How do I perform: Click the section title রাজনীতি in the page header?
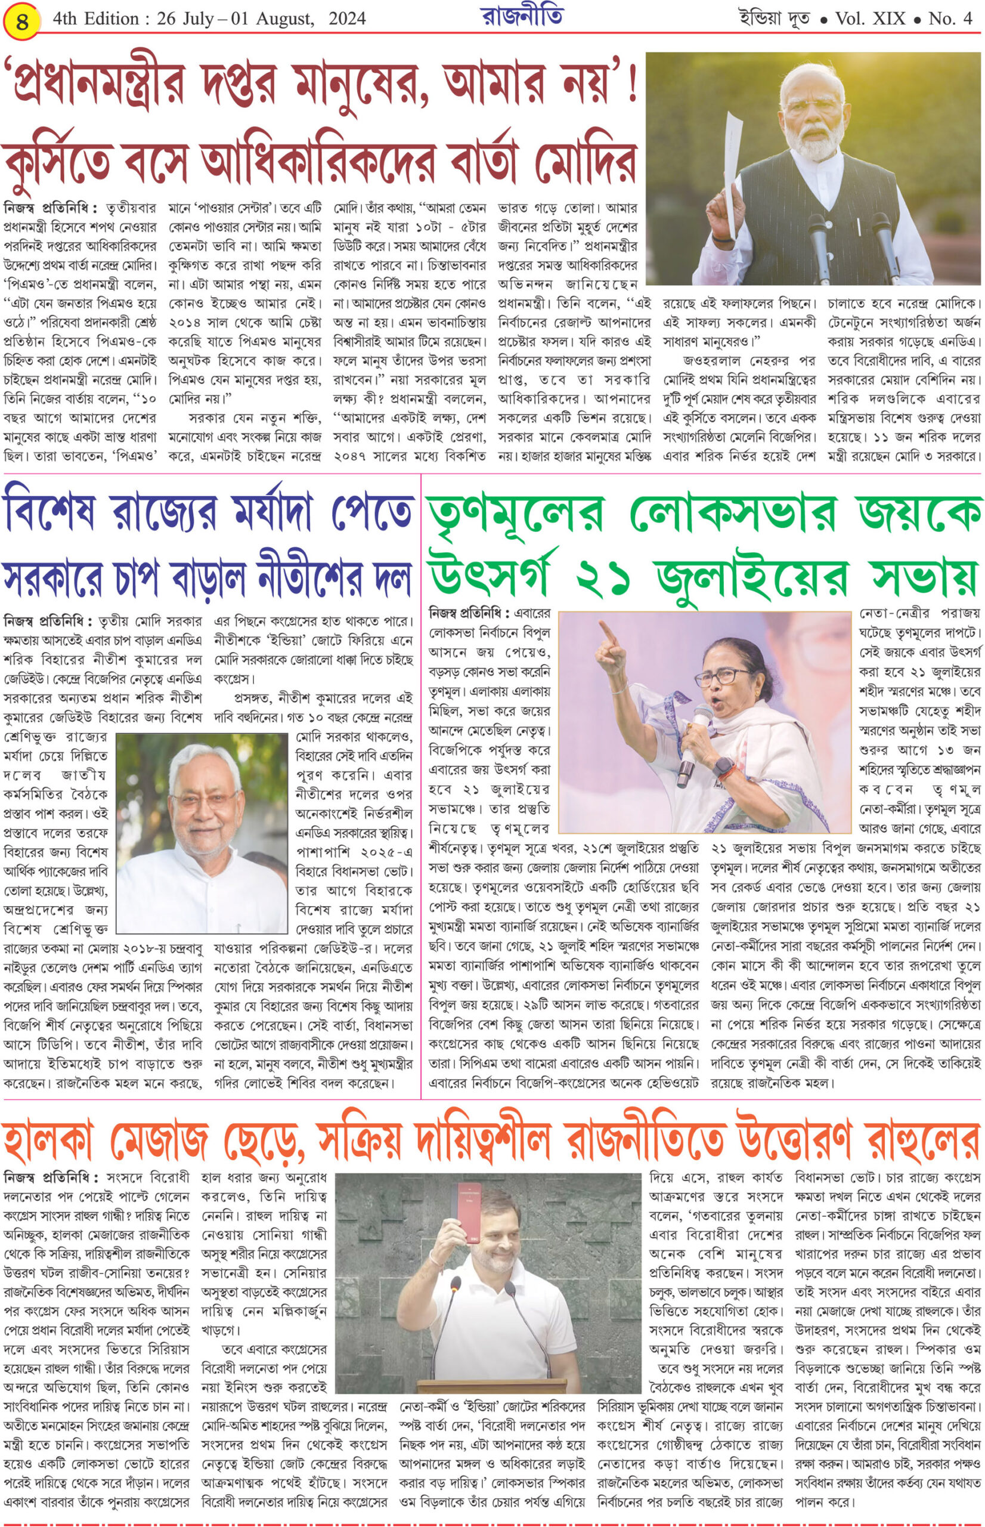click(522, 17)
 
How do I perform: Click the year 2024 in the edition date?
click(347, 19)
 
